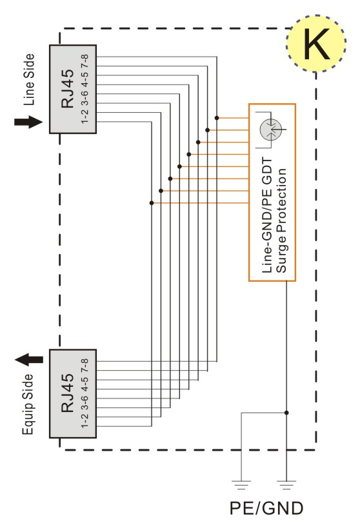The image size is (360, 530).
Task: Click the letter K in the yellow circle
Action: tap(317, 44)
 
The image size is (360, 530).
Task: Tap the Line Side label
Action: tap(29, 80)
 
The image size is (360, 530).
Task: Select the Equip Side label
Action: tap(28, 404)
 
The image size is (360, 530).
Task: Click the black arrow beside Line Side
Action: tap(28, 122)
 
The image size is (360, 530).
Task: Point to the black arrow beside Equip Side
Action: tap(29, 359)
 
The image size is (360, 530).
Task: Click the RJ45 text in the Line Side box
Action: tap(67, 88)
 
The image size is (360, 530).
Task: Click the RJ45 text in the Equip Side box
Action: tap(67, 393)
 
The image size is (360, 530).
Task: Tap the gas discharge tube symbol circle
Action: tap(271, 129)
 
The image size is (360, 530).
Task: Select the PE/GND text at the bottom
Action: tap(266, 508)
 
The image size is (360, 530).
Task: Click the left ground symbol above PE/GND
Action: tap(241, 485)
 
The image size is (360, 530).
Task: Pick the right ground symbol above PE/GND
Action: tap(286, 485)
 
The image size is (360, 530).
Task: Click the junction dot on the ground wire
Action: tap(286, 413)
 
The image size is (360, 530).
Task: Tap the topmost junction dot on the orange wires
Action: tap(217, 118)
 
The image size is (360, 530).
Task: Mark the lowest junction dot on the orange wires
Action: tap(152, 203)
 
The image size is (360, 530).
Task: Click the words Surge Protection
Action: tap(281, 221)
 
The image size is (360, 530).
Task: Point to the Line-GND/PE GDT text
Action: tap(267, 215)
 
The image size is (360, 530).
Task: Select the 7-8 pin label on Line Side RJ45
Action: tap(85, 62)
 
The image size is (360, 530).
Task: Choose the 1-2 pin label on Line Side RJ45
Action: tap(85, 115)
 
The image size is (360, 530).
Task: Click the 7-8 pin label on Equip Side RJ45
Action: tap(85, 366)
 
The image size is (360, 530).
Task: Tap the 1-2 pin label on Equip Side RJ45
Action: tap(85, 420)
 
